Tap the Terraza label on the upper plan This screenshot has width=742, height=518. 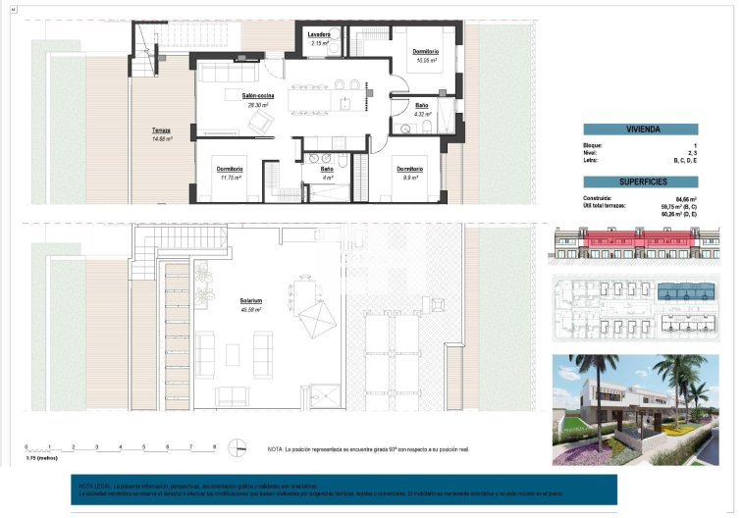(161, 131)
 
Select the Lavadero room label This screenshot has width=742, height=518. (318, 36)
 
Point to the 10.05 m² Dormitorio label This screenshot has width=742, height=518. (425, 54)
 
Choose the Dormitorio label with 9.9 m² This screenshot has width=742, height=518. (410, 173)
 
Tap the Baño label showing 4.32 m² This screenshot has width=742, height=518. (421, 109)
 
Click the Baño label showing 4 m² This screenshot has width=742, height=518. (326, 173)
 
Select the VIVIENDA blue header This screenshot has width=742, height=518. (640, 129)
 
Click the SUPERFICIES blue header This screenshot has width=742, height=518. (640, 181)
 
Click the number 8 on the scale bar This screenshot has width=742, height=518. (214, 447)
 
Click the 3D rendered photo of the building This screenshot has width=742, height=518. (642, 409)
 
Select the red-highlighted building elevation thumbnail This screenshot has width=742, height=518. (642, 242)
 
